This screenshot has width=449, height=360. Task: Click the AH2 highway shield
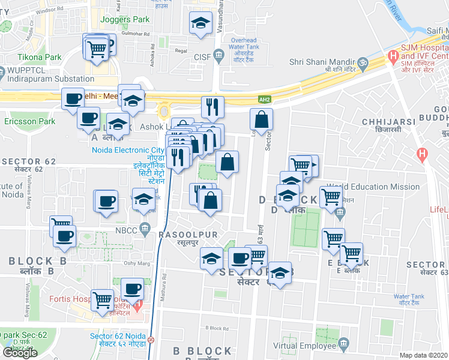[x=264, y=100]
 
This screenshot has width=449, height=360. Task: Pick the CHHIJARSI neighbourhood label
[x=385, y=121]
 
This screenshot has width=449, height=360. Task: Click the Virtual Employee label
[x=303, y=345]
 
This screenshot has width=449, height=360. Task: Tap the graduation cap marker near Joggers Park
[x=200, y=24]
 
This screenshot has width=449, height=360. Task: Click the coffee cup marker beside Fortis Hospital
[x=133, y=288]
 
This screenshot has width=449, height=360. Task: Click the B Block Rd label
[x=217, y=328]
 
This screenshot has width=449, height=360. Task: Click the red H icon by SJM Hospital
[x=393, y=56]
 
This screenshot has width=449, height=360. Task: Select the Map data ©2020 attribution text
[x=423, y=355]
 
